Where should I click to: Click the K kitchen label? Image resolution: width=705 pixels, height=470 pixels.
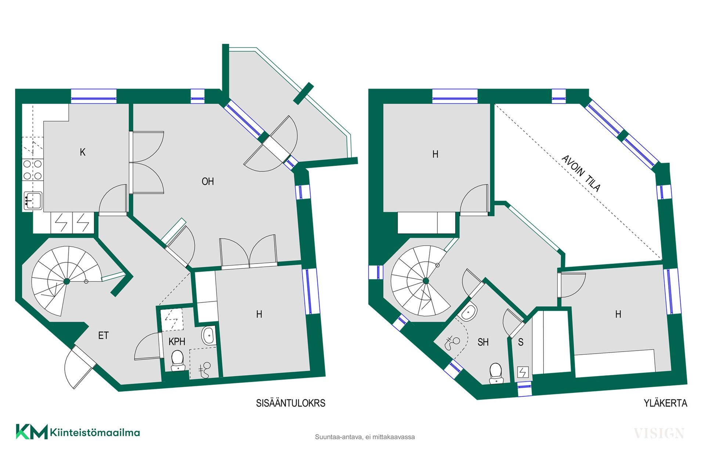click(83, 152)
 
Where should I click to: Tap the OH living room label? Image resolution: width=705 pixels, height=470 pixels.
click(208, 181)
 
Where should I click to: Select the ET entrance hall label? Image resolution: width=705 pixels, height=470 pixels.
click(104, 335)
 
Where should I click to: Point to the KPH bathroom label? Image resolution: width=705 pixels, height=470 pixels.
click(177, 342)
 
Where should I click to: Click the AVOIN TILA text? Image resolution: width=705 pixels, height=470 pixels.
click(581, 173)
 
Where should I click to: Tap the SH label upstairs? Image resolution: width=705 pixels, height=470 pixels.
click(483, 342)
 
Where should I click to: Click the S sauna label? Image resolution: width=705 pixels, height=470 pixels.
click(521, 342)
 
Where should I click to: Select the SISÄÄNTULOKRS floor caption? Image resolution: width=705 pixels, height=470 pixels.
click(291, 403)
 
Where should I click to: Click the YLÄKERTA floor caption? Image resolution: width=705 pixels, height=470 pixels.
click(665, 403)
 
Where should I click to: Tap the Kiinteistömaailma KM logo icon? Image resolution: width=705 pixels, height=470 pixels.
click(32, 432)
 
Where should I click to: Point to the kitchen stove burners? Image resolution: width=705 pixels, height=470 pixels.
click(33, 170)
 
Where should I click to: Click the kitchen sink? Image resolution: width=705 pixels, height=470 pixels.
click(33, 201)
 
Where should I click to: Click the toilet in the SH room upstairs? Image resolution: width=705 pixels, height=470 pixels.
click(496, 373)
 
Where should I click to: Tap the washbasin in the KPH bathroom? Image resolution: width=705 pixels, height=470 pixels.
click(209, 335)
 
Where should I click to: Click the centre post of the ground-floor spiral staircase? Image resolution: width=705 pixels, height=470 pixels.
click(67, 282)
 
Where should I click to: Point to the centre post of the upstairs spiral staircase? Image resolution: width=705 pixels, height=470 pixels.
click(426, 281)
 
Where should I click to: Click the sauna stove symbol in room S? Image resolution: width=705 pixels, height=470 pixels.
click(523, 372)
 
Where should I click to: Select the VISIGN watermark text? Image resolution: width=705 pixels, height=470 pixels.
click(659, 433)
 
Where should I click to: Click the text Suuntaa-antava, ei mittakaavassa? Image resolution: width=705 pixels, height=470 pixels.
click(365, 437)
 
